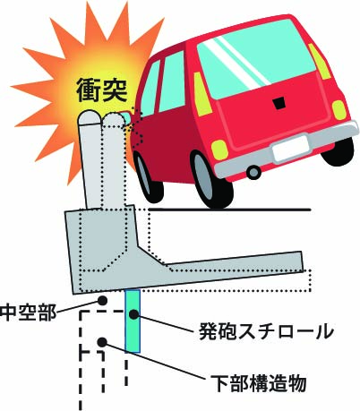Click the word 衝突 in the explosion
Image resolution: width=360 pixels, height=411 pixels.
point(102,90)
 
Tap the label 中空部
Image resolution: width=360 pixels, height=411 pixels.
point(29,313)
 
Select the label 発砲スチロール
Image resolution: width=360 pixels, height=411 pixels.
point(266,331)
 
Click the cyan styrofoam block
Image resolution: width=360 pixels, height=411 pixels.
point(133,321)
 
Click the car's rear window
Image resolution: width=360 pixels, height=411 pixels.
point(256,59)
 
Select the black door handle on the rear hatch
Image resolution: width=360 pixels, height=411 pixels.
point(279,103)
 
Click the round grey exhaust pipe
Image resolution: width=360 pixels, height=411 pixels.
point(254,172)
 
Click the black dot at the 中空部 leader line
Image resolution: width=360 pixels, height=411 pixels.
point(102,300)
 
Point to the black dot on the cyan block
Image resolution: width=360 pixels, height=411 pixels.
point(133,314)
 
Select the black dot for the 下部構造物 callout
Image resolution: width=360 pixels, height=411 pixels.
point(102,342)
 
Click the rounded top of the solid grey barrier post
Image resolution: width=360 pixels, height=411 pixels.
point(90,117)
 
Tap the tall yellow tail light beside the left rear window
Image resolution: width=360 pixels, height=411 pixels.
point(202,94)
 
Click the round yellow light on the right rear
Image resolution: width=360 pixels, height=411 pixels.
point(339,110)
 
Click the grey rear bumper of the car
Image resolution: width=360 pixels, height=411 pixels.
point(287,150)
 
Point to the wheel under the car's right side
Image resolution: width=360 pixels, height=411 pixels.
point(339,152)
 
